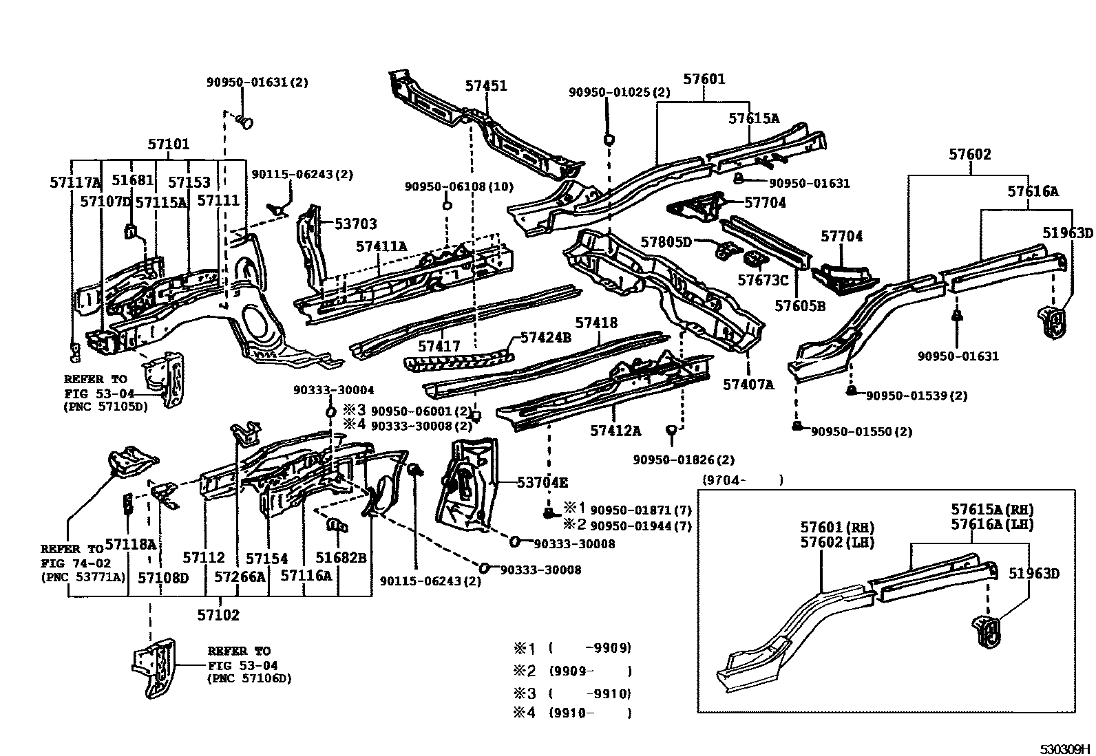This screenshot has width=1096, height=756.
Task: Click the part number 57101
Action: click(x=168, y=144)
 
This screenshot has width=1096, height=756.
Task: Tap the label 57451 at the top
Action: click(x=485, y=86)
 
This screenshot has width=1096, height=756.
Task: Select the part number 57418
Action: click(x=596, y=323)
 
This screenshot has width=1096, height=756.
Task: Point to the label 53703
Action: click(x=356, y=224)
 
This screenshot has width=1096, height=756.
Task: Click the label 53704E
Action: click(x=542, y=482)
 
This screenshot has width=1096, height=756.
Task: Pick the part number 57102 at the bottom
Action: click(x=218, y=615)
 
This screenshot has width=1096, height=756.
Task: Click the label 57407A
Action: click(x=748, y=385)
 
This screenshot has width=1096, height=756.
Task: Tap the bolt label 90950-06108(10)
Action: click(x=459, y=186)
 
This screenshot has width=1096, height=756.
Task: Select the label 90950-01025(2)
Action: click(x=619, y=91)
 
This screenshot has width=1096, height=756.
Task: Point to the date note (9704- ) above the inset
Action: click(x=742, y=480)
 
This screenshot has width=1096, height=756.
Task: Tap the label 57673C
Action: click(x=762, y=280)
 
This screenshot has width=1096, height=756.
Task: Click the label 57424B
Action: click(x=546, y=337)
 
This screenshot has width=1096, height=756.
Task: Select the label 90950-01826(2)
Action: click(x=684, y=460)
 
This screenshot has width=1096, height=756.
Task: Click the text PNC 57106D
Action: click(x=249, y=678)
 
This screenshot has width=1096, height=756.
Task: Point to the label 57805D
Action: click(x=666, y=241)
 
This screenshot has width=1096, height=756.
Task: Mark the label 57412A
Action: click(x=615, y=431)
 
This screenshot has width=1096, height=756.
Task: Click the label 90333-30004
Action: click(x=333, y=389)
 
